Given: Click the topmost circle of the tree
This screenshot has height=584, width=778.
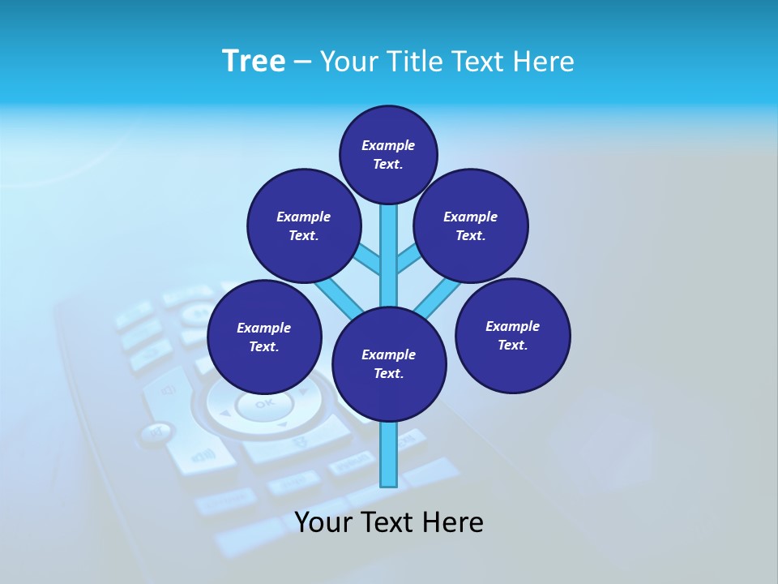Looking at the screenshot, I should [388, 154].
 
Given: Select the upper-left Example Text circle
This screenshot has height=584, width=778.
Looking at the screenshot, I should [304, 225].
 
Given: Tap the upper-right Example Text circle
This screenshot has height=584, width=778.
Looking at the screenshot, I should [471, 225].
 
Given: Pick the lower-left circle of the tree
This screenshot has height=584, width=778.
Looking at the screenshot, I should [264, 337].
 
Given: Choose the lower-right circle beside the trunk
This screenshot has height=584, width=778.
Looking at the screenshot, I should [512, 335].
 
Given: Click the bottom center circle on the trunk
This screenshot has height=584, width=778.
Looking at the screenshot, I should [389, 363].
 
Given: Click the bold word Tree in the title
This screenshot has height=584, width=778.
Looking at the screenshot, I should [254, 61].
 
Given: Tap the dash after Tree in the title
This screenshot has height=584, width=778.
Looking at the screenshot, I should [302, 62].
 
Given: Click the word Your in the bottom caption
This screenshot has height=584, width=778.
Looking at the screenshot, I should [323, 522].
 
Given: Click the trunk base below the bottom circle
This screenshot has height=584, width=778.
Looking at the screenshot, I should [389, 454].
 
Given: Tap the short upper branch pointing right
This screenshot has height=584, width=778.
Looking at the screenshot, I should [408, 259].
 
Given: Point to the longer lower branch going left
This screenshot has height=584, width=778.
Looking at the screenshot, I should [336, 296].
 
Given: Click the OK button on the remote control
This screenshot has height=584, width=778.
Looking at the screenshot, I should [263, 403].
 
